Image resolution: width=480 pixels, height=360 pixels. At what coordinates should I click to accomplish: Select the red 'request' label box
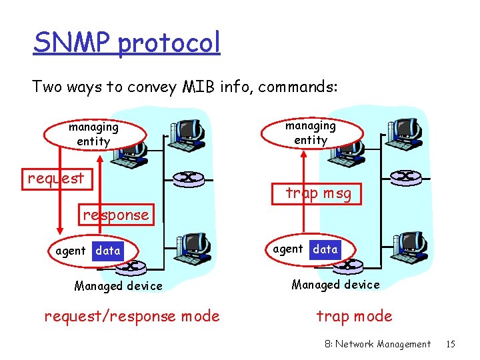tap(56, 178)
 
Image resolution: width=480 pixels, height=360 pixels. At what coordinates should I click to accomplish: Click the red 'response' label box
tap(116, 215)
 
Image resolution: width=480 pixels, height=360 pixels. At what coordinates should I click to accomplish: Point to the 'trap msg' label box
tap(317, 193)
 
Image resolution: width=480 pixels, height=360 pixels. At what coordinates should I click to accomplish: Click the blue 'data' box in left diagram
tap(108, 251)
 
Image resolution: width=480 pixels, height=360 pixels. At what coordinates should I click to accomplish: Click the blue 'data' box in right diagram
tap(325, 249)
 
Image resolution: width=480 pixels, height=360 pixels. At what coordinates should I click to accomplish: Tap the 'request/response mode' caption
tap(131, 316)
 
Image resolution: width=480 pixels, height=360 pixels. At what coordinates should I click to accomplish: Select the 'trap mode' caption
tap(354, 316)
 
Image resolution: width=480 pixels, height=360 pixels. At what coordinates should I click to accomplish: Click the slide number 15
tap(451, 344)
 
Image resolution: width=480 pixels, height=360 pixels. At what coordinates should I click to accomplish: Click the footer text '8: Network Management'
tap(377, 344)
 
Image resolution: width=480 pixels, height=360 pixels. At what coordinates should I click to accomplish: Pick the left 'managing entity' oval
tap(93, 134)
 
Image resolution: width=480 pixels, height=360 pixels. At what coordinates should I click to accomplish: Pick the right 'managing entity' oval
tap(311, 133)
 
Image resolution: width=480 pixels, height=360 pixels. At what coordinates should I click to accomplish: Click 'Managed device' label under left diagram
tap(118, 286)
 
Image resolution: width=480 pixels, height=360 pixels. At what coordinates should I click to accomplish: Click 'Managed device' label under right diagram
tap(335, 285)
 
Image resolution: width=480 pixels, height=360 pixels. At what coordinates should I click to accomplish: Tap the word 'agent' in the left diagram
tap(71, 251)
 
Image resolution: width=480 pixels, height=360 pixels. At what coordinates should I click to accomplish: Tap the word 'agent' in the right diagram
tap(288, 249)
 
